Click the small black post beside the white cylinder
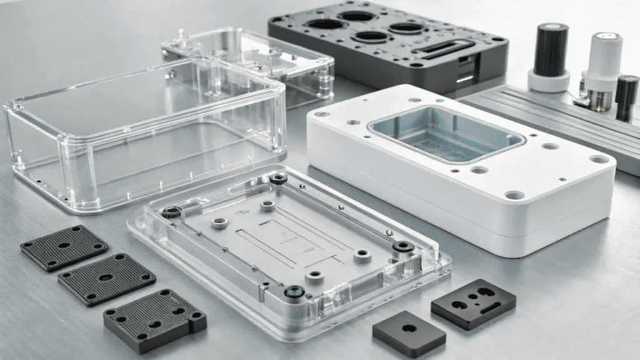click(x=626, y=97)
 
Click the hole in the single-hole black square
click(x=409, y=327)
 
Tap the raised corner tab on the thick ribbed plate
click(x=196, y=322)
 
